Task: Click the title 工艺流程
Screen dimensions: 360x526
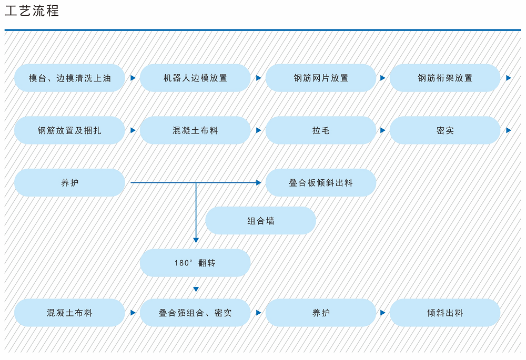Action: [32, 11]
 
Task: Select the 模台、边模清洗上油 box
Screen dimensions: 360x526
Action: [69, 78]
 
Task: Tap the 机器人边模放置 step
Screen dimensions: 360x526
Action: [195, 78]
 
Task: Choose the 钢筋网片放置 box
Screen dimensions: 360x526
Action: [321, 78]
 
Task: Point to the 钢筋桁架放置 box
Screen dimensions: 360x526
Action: [445, 78]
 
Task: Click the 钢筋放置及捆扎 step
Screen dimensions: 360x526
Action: [69, 130]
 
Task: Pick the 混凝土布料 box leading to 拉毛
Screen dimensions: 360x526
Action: [195, 130]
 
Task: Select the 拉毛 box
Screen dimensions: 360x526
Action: [321, 130]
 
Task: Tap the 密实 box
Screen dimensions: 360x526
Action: [445, 130]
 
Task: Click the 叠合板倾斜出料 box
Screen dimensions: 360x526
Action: [321, 183]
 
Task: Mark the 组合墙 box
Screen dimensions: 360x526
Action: [260, 221]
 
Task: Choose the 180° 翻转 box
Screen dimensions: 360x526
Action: [195, 263]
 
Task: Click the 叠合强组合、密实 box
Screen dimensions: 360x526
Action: [195, 313]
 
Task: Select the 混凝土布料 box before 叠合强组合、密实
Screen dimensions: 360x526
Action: [69, 313]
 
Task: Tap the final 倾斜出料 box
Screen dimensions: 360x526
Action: [445, 313]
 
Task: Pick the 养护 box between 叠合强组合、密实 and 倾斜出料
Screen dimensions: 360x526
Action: [321, 313]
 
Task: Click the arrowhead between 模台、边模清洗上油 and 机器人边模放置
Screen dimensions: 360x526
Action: [133, 78]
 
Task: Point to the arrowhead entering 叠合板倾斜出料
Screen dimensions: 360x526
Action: [258, 183]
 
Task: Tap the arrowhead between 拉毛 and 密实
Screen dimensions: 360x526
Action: [382, 130]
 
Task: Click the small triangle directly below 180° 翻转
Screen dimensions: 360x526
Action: [196, 289]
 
